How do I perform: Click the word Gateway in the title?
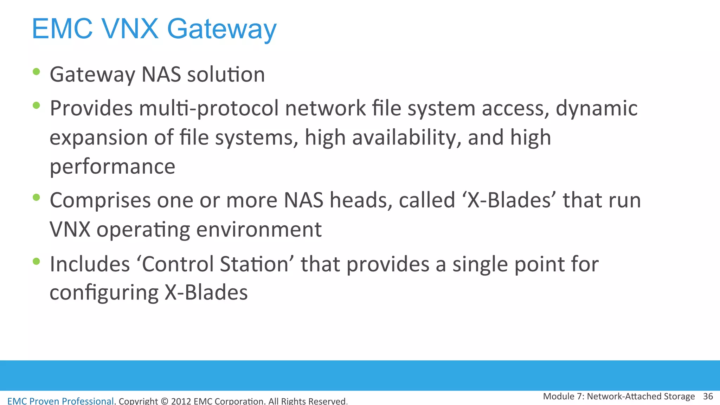pos(221,29)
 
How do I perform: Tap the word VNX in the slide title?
pos(130,28)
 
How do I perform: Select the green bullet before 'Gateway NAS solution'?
pos(36,72)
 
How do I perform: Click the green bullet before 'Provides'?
pos(36,105)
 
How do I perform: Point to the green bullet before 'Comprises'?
pos(36,197)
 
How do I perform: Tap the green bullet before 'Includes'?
pos(36,261)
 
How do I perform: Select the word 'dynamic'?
pos(596,108)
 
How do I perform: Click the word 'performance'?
pos(112,167)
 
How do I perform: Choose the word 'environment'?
pos(259,230)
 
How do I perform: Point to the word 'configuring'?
pos(104,293)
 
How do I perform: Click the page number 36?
pos(708,397)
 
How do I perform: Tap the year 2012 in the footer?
pos(181,401)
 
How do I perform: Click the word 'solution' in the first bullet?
pos(226,75)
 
